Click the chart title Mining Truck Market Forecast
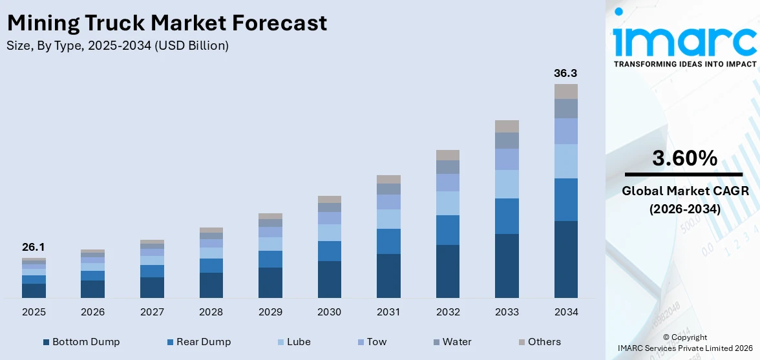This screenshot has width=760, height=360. pos(167,23)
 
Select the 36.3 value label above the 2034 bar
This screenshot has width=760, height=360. pos(565,73)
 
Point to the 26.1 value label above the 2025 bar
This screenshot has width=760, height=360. pos(34,247)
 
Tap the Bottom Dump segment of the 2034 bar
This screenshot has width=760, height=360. pos(565,259)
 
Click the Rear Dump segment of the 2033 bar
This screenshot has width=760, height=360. pos(507,216)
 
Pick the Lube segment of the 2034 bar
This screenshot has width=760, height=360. pos(565,161)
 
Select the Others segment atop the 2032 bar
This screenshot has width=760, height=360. pos(447,155)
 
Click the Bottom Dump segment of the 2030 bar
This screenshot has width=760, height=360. pos(329,279)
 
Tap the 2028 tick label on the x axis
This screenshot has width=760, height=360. pos(211,312)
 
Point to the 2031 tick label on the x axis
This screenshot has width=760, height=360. pos(388,312)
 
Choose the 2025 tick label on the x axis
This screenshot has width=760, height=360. pos(34,312)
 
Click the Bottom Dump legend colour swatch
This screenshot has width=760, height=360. pos(46,342)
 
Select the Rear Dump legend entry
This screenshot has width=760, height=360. pos(202,342)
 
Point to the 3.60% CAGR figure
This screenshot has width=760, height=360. pos(684,158)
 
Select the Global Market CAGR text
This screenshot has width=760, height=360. pos(684,191)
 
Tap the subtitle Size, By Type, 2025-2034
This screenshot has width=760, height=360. pos(118,46)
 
